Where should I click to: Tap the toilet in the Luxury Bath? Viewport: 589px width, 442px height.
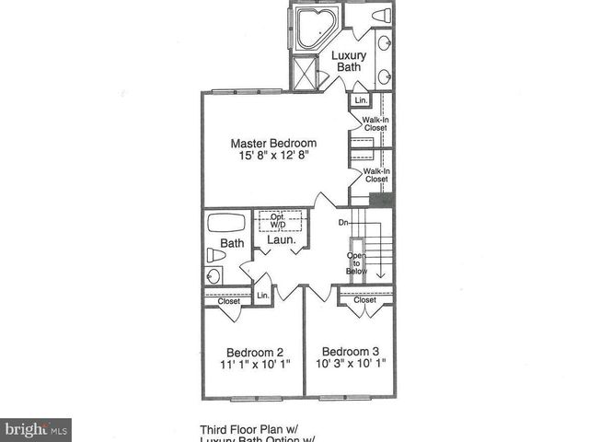point(380,16)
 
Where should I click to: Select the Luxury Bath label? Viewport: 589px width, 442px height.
point(349,61)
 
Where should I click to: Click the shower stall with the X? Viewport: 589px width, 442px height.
point(304,72)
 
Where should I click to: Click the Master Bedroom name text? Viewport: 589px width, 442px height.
point(273,143)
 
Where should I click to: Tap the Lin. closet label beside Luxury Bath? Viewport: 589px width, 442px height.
point(360,99)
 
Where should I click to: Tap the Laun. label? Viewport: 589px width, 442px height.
point(281,240)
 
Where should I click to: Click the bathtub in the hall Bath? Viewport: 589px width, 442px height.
point(226,222)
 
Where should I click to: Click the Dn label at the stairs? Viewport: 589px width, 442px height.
point(342,222)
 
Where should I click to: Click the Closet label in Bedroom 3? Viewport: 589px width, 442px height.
point(365,300)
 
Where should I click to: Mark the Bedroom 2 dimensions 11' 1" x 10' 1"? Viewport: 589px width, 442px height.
point(255,364)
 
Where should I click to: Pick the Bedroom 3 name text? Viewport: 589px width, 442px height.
point(350,351)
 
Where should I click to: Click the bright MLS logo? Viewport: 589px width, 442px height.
point(36,430)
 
